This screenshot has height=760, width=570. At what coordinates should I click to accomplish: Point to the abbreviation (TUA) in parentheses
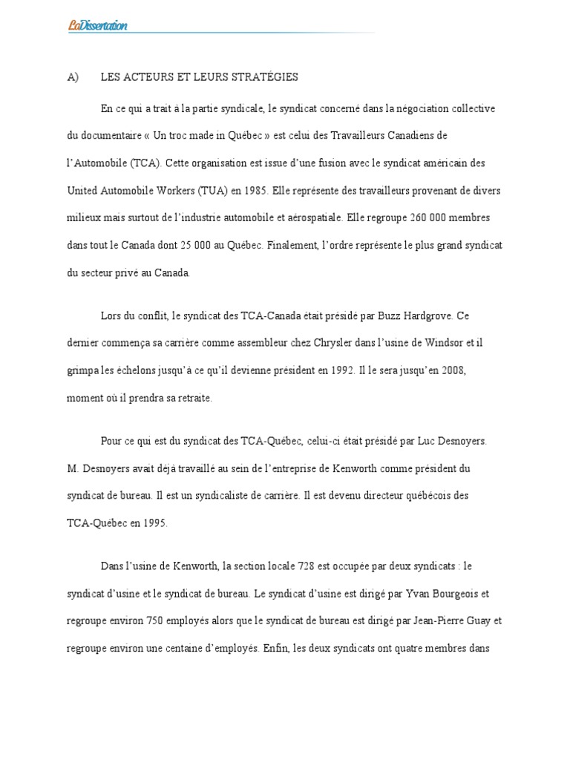click(x=215, y=191)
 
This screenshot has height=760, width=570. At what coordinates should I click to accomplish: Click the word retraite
click(x=193, y=398)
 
